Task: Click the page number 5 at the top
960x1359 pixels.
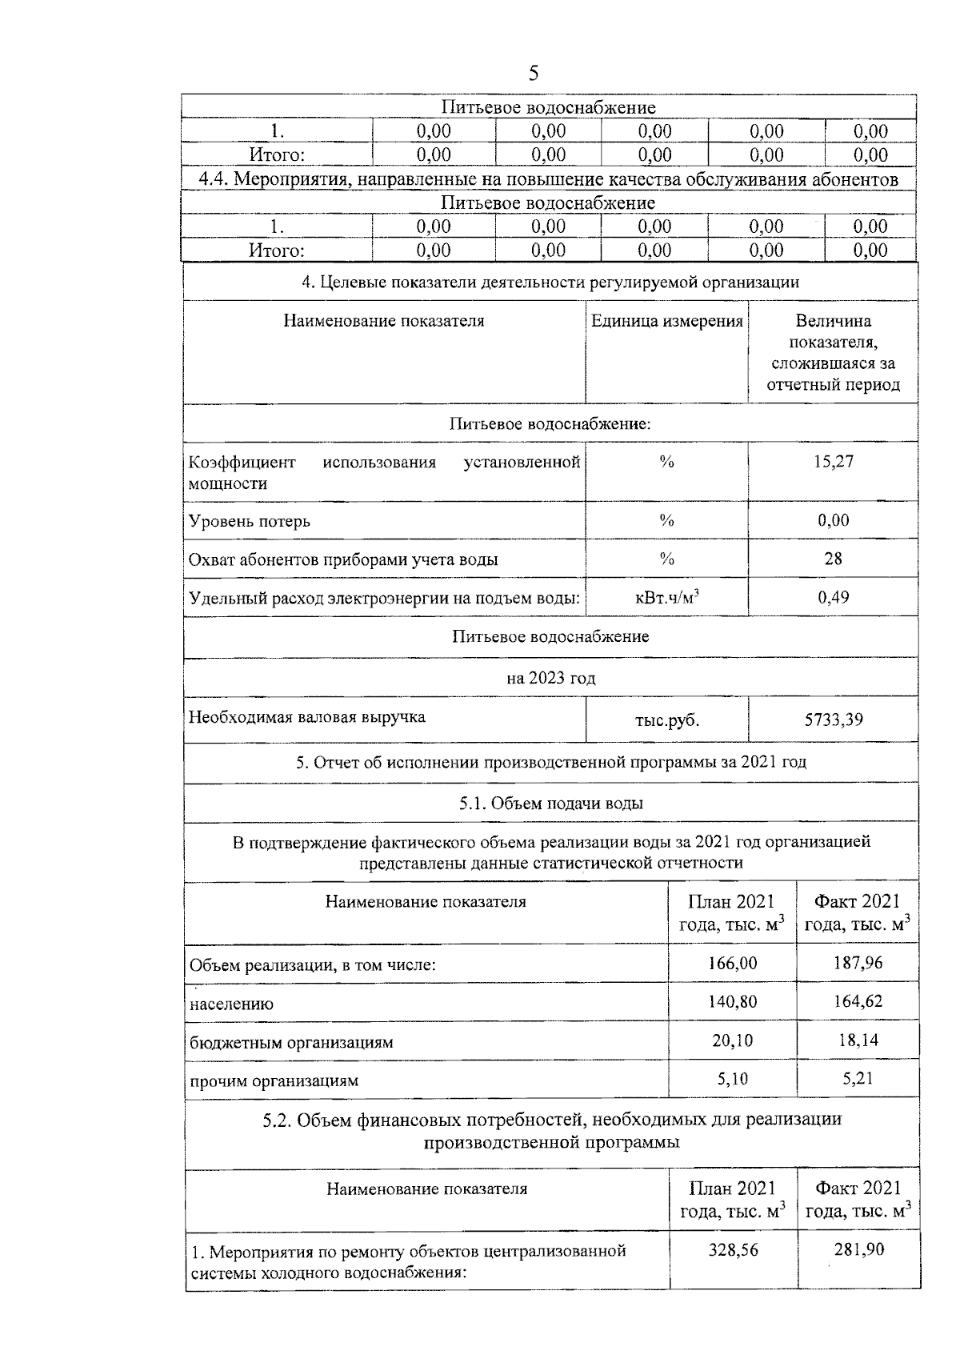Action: click(534, 74)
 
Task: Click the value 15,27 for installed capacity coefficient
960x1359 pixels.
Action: click(833, 462)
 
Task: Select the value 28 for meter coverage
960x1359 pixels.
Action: click(833, 559)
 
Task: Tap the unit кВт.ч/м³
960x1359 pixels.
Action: click(666, 597)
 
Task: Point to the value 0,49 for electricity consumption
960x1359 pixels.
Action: click(833, 597)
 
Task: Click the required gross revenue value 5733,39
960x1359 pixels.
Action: click(833, 720)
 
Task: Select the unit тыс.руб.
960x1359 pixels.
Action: click(666, 720)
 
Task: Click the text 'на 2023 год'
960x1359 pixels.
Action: click(550, 679)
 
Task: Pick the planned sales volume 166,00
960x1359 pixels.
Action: click(732, 963)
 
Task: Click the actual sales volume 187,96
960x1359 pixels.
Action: click(858, 963)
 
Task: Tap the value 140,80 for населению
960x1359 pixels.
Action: click(732, 1001)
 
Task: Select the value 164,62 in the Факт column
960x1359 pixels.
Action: click(858, 1001)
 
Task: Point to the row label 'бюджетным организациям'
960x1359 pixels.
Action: click(291, 1043)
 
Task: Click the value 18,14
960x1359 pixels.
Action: click(858, 1040)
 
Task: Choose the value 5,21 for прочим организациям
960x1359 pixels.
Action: click(858, 1079)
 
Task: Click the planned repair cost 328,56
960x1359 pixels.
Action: click(733, 1249)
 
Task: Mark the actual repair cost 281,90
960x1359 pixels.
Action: click(858, 1249)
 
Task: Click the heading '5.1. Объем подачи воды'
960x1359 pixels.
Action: click(550, 803)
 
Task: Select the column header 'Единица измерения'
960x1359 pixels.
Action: click(666, 322)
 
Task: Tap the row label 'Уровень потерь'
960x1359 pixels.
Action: click(250, 522)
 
